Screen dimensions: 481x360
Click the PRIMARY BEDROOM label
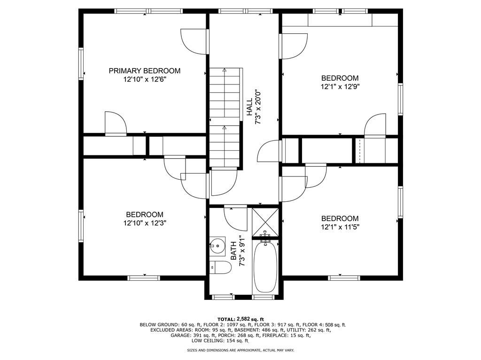tap(145, 71)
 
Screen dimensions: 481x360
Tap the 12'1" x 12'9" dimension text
tap(340, 87)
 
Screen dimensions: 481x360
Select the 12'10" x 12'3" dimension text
tap(145, 223)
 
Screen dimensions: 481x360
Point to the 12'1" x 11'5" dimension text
tap(340, 227)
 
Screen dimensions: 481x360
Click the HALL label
tap(249, 107)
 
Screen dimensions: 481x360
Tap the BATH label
tap(233, 251)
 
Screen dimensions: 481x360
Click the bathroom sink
tap(217, 245)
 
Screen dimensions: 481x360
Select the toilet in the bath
tap(221, 268)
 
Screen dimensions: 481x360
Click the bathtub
tap(265, 267)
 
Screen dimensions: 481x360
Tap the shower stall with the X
tap(265, 222)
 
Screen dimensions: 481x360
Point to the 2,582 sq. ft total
tap(250, 319)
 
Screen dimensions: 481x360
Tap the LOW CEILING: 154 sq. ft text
tap(220, 341)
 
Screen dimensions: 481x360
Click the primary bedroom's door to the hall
tap(194, 42)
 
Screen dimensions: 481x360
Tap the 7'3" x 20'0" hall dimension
tap(258, 107)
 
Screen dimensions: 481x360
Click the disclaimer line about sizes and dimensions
tap(240, 350)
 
